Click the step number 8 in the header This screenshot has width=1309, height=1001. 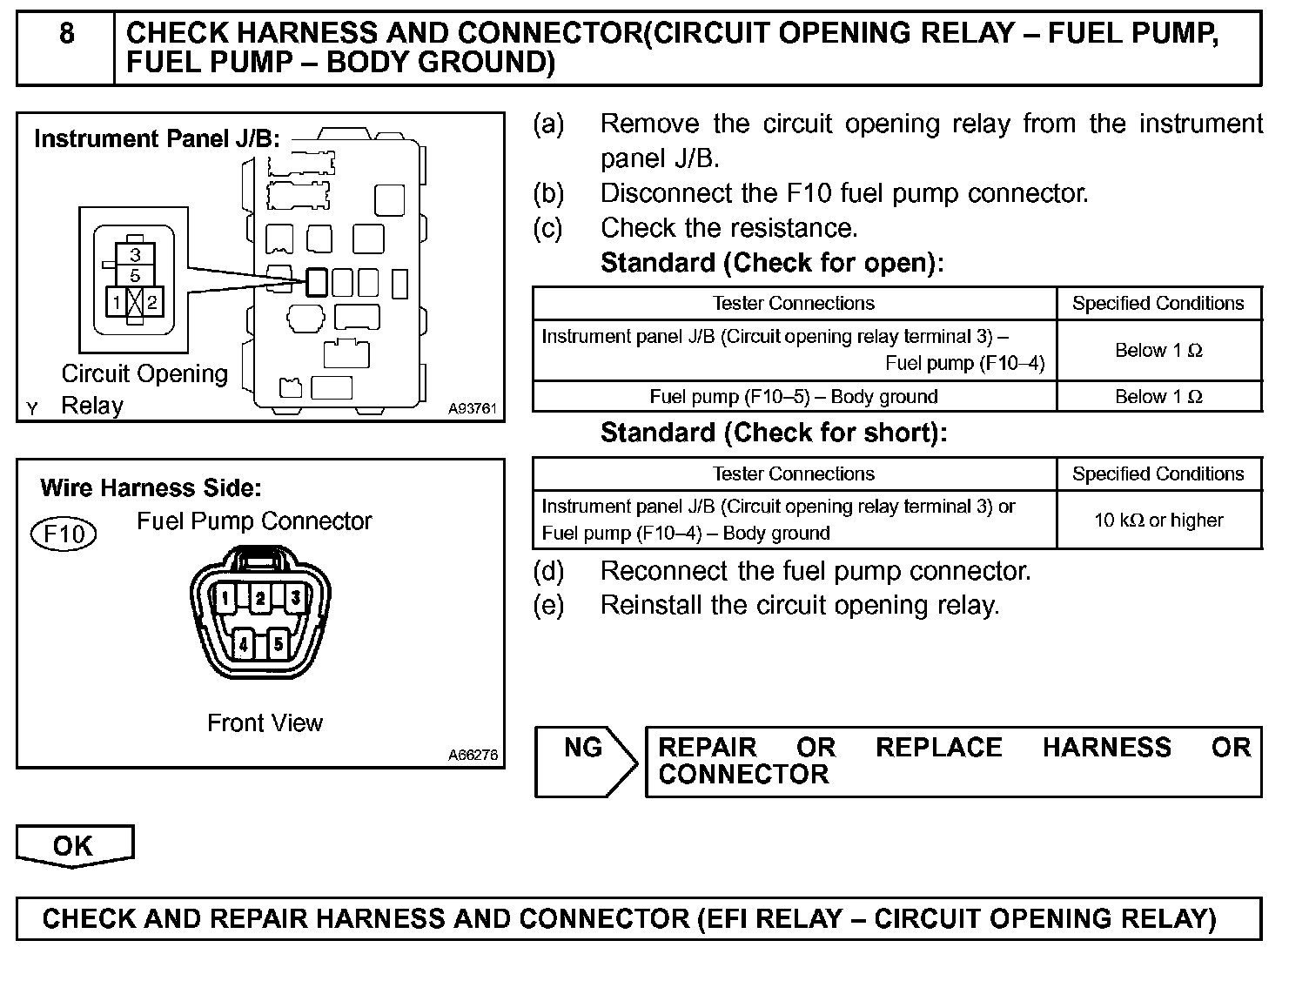coord(66,35)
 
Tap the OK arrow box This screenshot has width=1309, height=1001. coord(74,845)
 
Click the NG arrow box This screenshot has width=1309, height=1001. coord(585,760)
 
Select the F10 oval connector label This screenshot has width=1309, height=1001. coord(64,533)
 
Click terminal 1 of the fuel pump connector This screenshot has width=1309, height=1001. coord(225,598)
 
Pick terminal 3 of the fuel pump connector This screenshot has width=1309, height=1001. coord(296,598)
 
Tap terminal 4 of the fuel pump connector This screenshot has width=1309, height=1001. coord(243,644)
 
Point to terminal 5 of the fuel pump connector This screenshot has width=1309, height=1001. coord(278,644)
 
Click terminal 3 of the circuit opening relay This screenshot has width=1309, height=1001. coord(135,254)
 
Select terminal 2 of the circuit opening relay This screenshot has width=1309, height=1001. coord(152,302)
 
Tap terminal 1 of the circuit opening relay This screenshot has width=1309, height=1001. coord(117,302)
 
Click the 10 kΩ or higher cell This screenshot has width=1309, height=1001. coord(1158,520)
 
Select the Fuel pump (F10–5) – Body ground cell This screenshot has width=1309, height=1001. coord(794,397)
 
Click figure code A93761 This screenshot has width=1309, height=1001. coord(472,408)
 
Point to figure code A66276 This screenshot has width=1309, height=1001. coord(473,755)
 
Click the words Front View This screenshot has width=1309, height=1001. coord(265,722)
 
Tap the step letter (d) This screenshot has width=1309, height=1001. coord(548,571)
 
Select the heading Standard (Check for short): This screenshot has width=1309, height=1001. coord(774,433)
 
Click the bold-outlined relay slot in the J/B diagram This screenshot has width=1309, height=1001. coord(317,282)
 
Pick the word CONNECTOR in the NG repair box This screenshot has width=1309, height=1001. coord(743,775)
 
